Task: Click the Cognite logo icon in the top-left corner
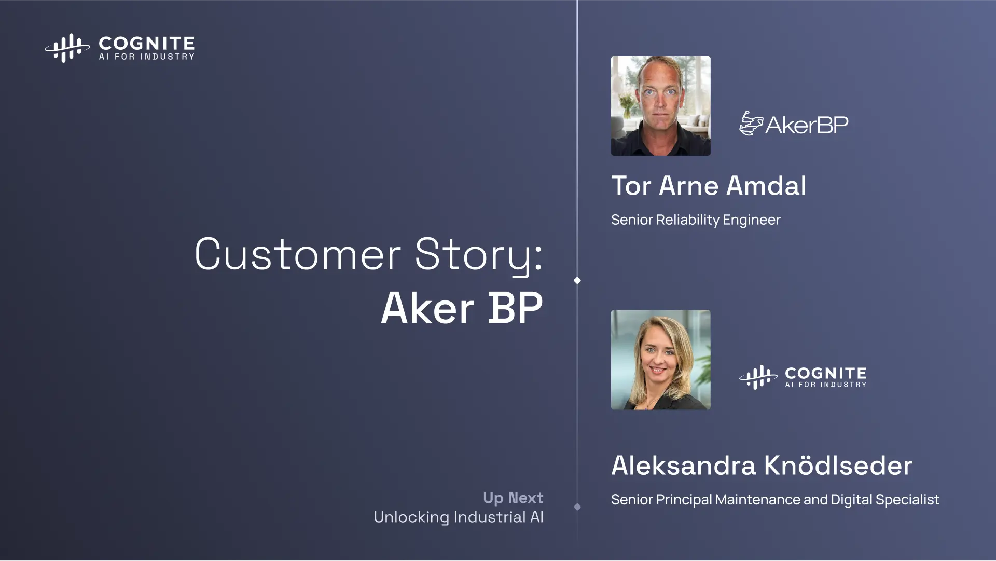67,48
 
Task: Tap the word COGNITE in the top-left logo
147,43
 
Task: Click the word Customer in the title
298,254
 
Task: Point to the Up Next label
513,498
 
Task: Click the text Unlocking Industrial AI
459,517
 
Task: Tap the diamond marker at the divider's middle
577,280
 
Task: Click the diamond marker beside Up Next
577,507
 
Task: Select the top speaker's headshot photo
661,106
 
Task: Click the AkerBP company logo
794,124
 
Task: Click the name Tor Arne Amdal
709,186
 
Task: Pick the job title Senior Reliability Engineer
696,220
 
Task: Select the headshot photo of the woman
661,360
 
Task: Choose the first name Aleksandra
683,466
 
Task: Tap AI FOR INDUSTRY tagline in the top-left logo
147,57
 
